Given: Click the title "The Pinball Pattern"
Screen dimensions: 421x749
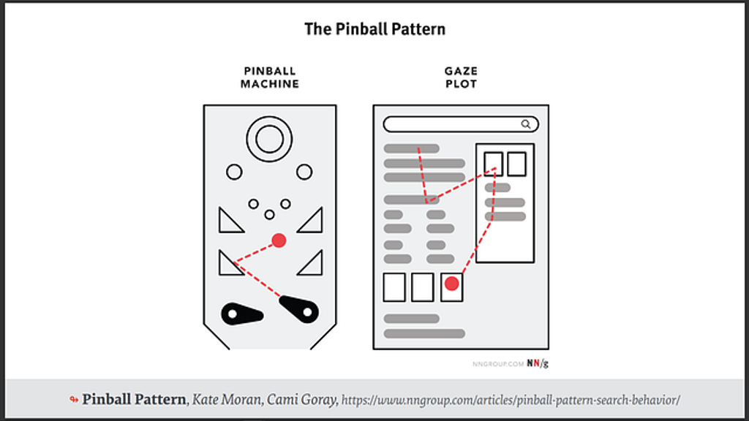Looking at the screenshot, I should click(374, 29).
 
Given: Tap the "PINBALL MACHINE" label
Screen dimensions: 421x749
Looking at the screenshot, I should click(270, 77).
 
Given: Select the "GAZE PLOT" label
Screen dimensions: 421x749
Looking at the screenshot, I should click(461, 77).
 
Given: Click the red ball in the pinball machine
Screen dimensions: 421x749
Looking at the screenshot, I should click(279, 240).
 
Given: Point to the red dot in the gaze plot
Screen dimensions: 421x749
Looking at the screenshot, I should click(452, 284).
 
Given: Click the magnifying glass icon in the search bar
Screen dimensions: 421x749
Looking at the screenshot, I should click(526, 124).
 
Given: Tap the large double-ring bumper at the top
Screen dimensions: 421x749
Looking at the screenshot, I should click(269, 138).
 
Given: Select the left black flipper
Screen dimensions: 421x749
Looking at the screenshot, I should click(241, 313).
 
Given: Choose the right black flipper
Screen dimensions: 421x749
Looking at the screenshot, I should click(300, 309).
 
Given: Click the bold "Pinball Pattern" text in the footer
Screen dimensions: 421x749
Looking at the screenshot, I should click(134, 400).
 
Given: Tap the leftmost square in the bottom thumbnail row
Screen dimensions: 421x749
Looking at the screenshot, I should click(394, 287).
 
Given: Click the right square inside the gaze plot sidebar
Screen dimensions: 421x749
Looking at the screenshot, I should click(516, 164).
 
